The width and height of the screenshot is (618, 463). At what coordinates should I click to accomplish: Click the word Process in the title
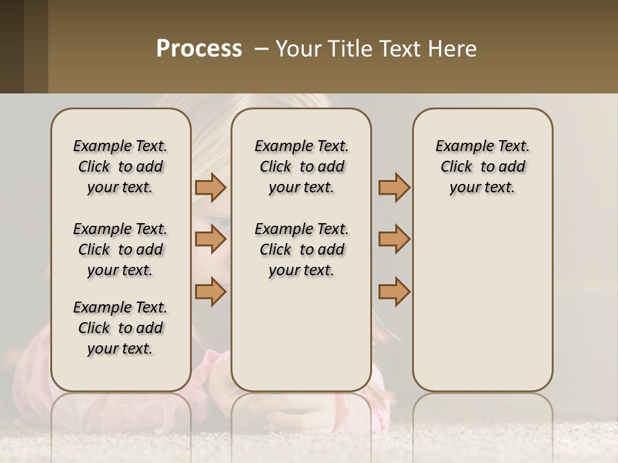point(199,49)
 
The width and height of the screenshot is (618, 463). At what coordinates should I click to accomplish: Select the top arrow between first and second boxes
point(211,187)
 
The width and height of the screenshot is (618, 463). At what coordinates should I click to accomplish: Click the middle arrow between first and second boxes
point(211,239)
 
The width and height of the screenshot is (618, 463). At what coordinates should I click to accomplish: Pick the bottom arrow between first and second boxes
point(211,291)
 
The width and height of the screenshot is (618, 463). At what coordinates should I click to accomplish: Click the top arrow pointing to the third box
point(394,187)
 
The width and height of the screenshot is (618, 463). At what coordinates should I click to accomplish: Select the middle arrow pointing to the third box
point(394,239)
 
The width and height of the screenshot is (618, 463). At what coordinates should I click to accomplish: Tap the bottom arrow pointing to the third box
point(394,291)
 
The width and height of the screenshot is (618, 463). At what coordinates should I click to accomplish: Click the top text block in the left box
point(120,167)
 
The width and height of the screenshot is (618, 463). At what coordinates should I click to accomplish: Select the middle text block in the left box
point(120,250)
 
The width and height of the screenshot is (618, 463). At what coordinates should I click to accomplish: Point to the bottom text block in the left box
point(120,328)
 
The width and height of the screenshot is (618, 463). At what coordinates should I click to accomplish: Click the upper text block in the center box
point(301,167)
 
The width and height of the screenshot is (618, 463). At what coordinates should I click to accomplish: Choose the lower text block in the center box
point(301,250)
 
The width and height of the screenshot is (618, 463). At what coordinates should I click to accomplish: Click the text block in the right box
point(482,167)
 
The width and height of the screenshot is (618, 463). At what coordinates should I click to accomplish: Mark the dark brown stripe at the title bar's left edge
point(12,46)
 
